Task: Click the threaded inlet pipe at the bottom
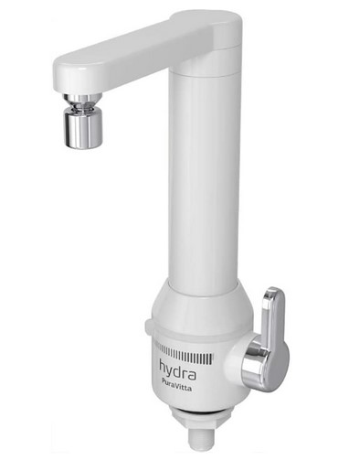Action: tap(208, 438)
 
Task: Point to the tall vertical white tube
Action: tap(207, 183)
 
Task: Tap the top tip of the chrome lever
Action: tap(272, 292)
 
